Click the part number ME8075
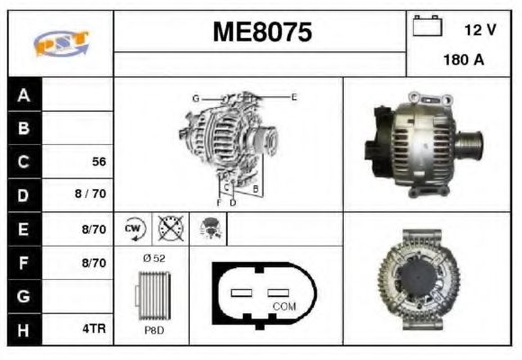262,33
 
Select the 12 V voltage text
479,30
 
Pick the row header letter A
24,95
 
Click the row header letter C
24,162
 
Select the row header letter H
24,329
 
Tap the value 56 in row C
99,162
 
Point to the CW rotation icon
134,229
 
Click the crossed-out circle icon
170,229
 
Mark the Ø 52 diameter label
154,259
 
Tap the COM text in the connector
283,306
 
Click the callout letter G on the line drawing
194,96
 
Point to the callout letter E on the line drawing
293,95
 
